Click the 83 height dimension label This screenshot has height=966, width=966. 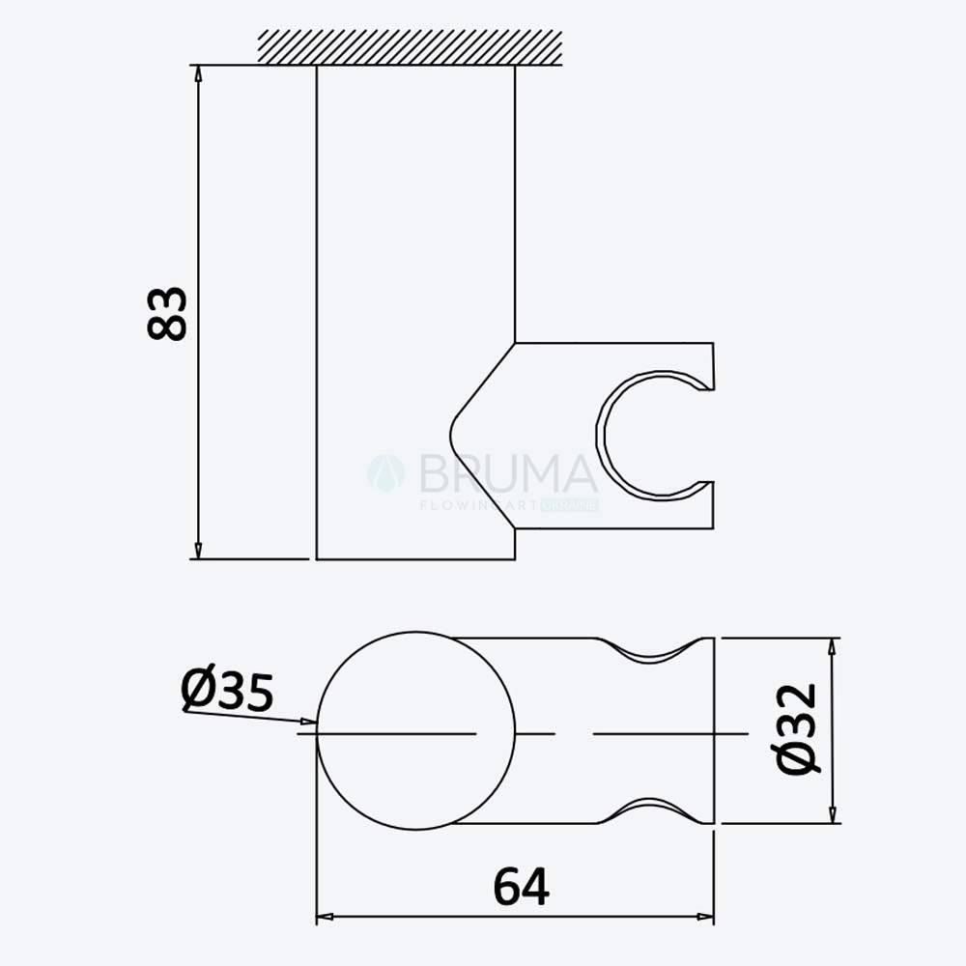click(x=167, y=313)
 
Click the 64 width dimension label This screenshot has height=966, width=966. click(x=521, y=887)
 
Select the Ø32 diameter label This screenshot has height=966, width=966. click(x=797, y=728)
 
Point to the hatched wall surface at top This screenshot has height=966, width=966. click(x=410, y=46)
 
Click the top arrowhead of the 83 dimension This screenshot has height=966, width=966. click(x=198, y=73)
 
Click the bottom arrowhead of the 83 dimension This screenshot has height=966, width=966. click(x=198, y=551)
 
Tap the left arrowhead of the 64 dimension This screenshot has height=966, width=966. click(x=325, y=917)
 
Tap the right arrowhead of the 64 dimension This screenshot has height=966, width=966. click(x=705, y=917)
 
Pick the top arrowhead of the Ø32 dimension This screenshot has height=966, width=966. click(x=833, y=647)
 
